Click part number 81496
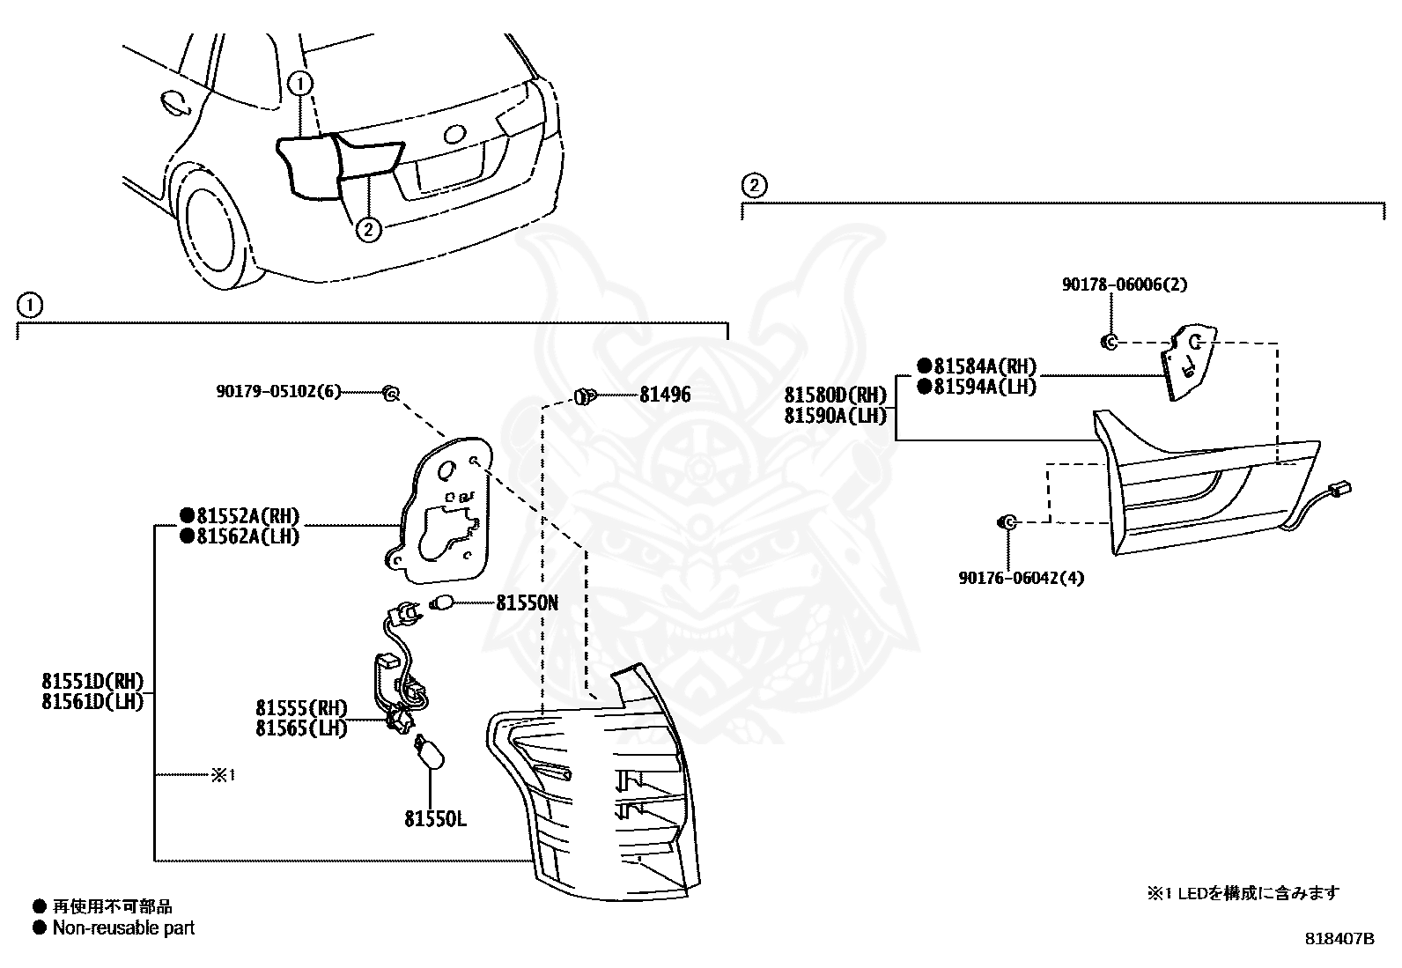tap(665, 395)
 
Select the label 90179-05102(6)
tap(278, 392)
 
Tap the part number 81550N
tap(527, 603)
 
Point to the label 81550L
tap(436, 819)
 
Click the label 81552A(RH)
tap(248, 516)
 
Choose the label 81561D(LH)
tap(92, 701)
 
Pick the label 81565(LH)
tap(301, 728)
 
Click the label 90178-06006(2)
tap(1124, 284)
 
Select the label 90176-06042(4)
tap(1021, 577)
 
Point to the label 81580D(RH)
tap(836, 395)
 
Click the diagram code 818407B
tap(1339, 939)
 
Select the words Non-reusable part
tap(123, 927)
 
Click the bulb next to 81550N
tap(442, 603)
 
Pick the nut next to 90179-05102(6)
tap(391, 393)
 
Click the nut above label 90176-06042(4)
tap(1007, 521)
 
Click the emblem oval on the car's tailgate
tap(454, 133)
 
